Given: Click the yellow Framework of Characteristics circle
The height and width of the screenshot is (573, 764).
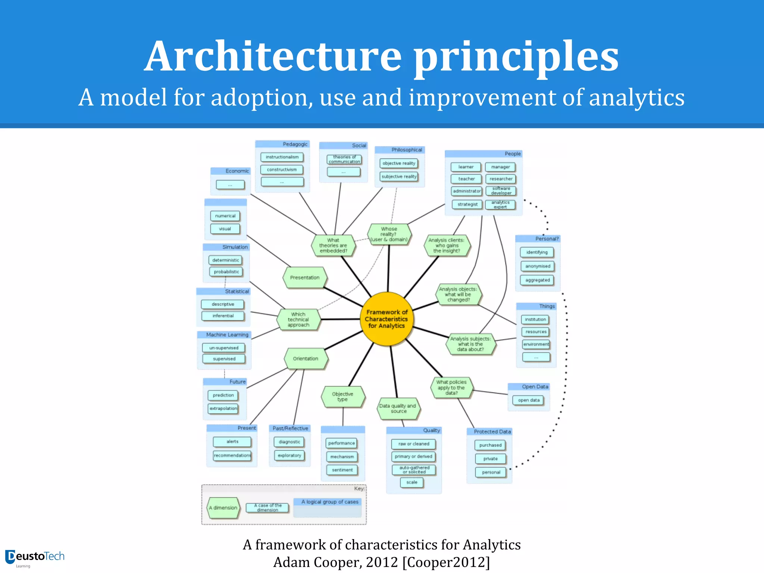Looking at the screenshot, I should (387, 319).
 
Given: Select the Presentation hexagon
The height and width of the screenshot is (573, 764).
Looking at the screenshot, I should (305, 278).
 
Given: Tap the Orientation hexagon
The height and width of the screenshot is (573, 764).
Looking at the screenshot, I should (306, 358).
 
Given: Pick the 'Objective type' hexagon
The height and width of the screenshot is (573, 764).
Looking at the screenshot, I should (342, 397).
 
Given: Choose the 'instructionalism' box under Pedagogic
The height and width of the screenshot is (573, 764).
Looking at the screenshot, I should (282, 157).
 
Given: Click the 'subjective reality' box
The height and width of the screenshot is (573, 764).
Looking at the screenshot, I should (399, 176).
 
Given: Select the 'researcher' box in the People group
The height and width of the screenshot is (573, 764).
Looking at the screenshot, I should (501, 179).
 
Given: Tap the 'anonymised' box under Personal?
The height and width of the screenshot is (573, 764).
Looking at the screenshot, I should (538, 266).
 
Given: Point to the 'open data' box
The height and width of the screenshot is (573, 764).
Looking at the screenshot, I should (529, 400).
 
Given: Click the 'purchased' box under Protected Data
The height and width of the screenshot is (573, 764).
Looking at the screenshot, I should (490, 445).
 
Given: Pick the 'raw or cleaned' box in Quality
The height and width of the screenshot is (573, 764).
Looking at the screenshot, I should (414, 444).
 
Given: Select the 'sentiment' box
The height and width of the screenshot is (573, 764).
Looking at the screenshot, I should (342, 470).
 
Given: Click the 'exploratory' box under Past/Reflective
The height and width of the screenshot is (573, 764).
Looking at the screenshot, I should (289, 455).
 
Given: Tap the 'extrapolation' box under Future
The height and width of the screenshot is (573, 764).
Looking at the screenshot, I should (223, 408).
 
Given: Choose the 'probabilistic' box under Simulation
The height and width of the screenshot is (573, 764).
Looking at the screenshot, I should (226, 272).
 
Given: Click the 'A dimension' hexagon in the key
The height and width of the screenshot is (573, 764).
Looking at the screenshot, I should (223, 508).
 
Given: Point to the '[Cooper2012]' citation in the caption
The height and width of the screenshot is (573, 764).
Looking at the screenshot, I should (446, 562).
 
